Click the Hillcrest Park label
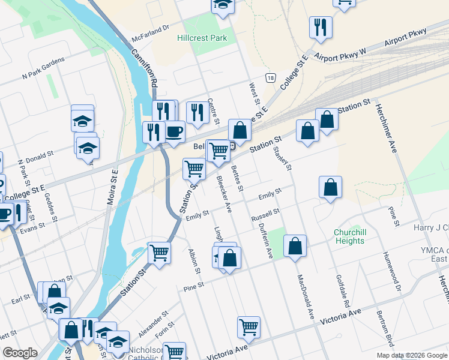tap(201, 38)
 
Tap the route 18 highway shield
tap(271, 78)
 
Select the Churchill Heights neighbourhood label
tap(349, 236)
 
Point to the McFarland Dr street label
tap(151, 34)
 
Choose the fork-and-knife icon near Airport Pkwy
tap(319, 27)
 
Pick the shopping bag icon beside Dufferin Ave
tap(295, 245)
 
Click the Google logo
tap(20, 353)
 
